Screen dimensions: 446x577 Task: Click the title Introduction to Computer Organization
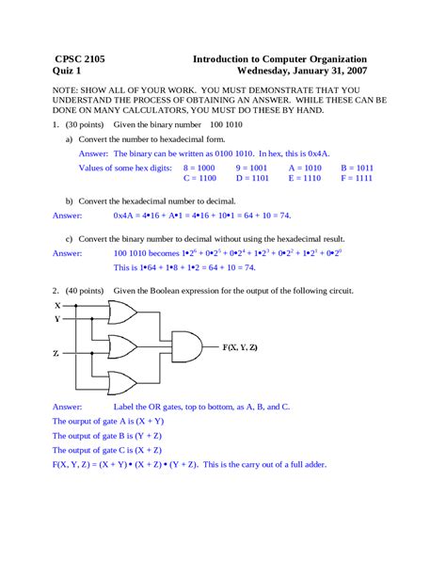click(279, 58)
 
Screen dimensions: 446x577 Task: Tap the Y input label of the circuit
click(57, 318)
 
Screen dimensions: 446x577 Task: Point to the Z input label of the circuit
click(57, 352)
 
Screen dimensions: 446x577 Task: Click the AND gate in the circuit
click(187, 346)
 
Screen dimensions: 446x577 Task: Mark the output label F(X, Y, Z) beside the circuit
click(240, 347)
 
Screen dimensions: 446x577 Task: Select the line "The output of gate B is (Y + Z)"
click(108, 436)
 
